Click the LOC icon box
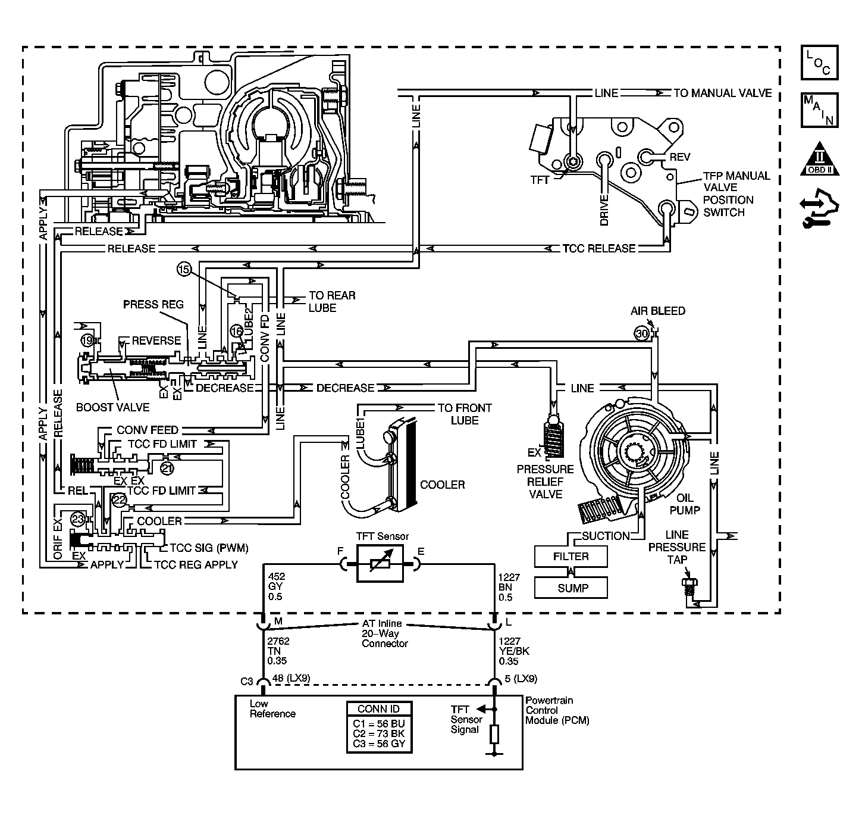click(819, 63)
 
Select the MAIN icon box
click(819, 110)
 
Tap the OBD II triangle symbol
click(819, 160)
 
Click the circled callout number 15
click(184, 269)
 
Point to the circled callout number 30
click(641, 333)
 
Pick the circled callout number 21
click(167, 469)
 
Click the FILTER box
click(571, 557)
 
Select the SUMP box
click(571, 588)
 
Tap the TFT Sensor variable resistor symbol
click(380, 564)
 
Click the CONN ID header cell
click(379, 708)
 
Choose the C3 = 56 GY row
click(379, 744)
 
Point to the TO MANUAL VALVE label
click(723, 93)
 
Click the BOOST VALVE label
click(112, 407)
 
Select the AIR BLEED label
click(658, 311)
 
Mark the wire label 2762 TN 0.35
click(278, 651)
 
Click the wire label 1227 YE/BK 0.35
click(514, 651)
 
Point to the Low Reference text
click(272, 708)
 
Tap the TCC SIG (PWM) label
click(209, 548)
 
